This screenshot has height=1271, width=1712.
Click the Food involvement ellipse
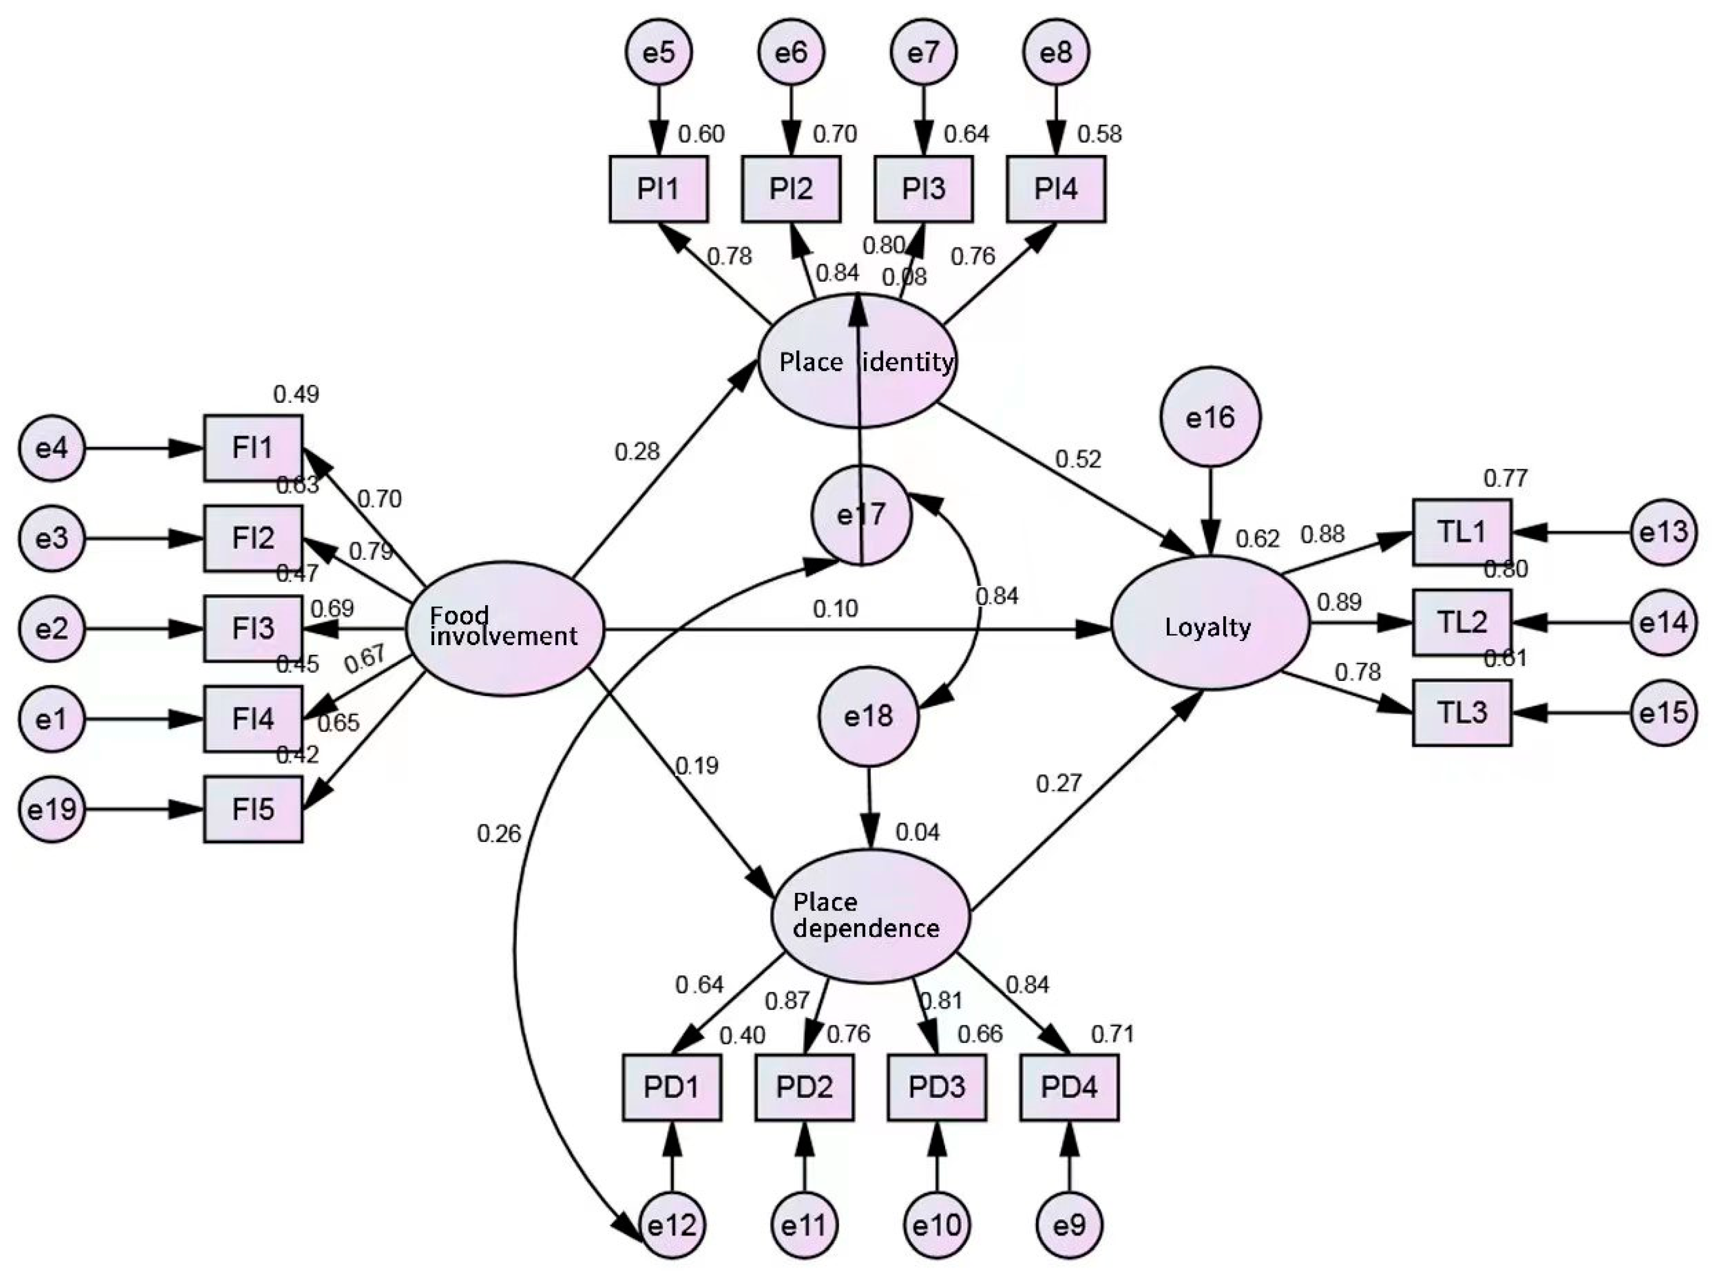pyautogui.click(x=504, y=628)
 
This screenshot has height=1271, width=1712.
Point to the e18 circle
pyautogui.click(x=868, y=716)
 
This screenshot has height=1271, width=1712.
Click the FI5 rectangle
pyautogui.click(x=253, y=809)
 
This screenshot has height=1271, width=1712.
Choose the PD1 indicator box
pyautogui.click(x=671, y=1087)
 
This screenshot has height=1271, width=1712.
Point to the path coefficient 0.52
pyautogui.click(x=1077, y=459)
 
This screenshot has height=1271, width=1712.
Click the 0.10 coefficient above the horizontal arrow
pyautogui.click(x=835, y=609)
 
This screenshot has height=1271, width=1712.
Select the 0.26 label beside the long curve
pyautogui.click(x=499, y=833)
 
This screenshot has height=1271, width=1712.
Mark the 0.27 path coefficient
pyautogui.click(x=1059, y=784)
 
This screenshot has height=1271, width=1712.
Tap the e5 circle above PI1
pyautogui.click(x=659, y=52)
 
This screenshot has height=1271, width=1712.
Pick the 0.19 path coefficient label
pyautogui.click(x=696, y=766)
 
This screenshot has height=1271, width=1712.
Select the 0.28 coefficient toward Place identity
pyautogui.click(x=637, y=452)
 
